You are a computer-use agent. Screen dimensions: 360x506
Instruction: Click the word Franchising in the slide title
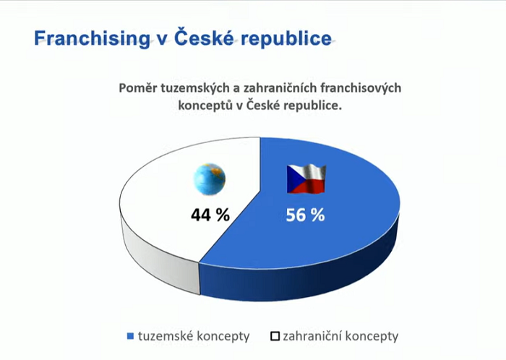(90, 38)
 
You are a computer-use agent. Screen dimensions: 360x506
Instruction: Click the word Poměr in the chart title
(139, 87)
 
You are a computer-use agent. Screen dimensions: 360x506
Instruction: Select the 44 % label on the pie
(210, 215)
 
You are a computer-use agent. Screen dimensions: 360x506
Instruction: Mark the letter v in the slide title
(161, 39)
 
